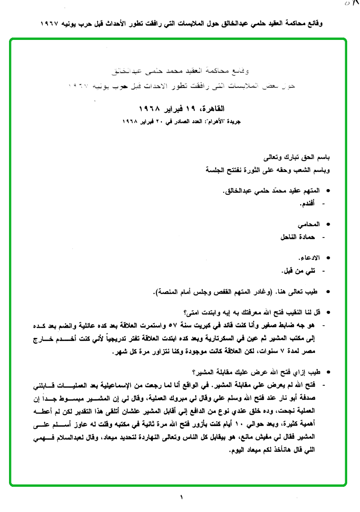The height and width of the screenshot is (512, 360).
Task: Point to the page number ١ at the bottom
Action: (181, 498)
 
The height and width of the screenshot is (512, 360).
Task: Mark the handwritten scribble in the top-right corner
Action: (351, 4)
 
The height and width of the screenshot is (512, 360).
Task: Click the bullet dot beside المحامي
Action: (329, 224)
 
